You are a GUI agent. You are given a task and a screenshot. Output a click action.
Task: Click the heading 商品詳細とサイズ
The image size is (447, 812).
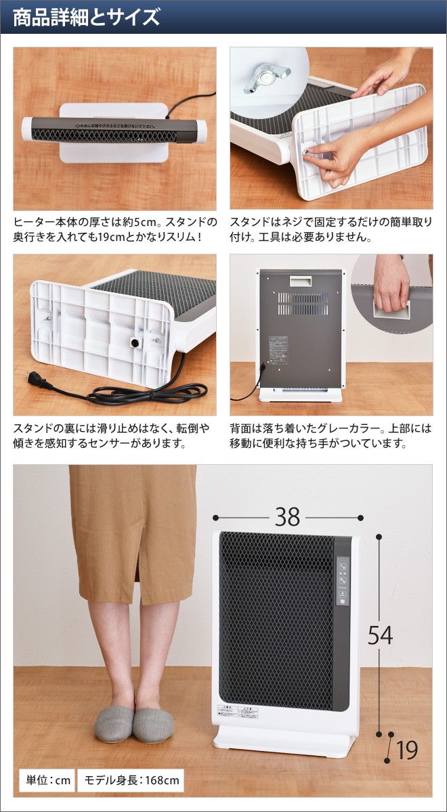pos(87,17)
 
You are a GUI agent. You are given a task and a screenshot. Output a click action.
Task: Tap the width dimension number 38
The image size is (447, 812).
pos(287,517)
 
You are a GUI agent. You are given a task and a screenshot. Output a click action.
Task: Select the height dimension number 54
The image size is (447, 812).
pos(380,635)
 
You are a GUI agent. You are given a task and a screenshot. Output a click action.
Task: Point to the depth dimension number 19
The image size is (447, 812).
pos(407,749)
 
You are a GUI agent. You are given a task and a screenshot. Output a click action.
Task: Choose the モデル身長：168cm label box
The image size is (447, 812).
pos(131,780)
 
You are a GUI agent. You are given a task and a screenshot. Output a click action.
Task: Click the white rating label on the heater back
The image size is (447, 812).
pos(278,348)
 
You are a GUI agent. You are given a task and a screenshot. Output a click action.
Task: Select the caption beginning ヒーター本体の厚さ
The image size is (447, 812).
pos(115,229)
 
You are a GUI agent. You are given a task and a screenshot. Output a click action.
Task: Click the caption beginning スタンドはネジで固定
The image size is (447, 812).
pos(331,229)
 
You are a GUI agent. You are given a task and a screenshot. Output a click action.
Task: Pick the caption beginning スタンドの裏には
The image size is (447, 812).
pos(112,436)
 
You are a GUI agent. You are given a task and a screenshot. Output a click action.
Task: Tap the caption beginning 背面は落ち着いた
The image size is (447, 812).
pos(331,436)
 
